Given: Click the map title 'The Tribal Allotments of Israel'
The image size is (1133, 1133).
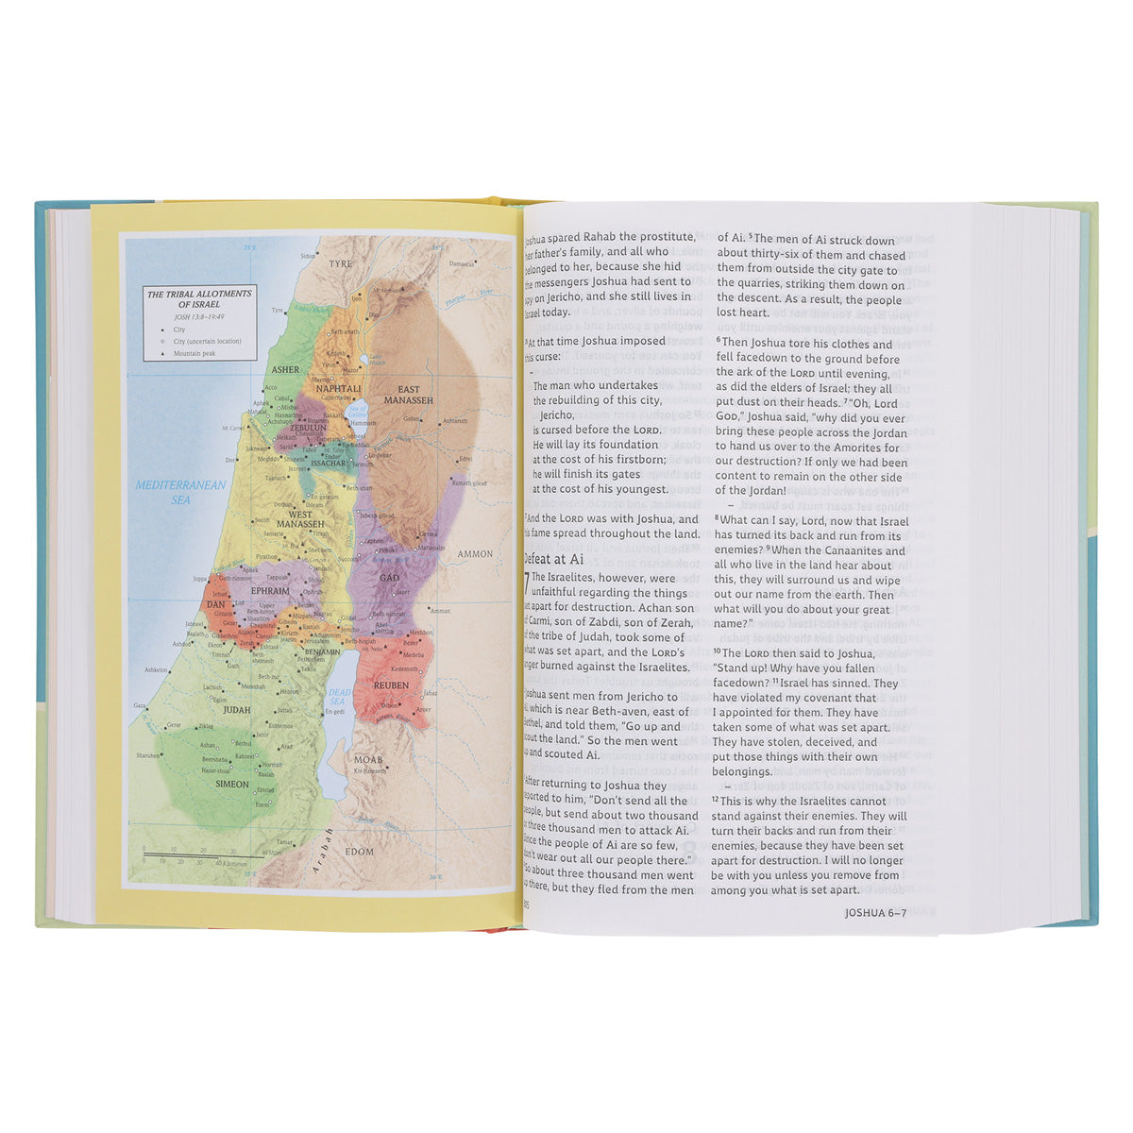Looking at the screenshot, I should (199, 299).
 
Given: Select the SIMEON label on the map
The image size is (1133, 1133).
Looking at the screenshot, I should (231, 785).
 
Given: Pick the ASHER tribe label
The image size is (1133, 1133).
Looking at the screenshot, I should (285, 370).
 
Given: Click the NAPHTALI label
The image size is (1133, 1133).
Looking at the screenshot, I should (339, 388).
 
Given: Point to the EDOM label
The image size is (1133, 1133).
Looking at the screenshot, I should (359, 852).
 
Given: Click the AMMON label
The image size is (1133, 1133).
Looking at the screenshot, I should (475, 554).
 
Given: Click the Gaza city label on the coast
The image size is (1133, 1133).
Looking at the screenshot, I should (141, 705).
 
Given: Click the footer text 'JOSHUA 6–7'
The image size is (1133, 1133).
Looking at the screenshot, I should (874, 913).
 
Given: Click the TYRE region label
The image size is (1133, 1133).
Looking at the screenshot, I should (339, 265).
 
